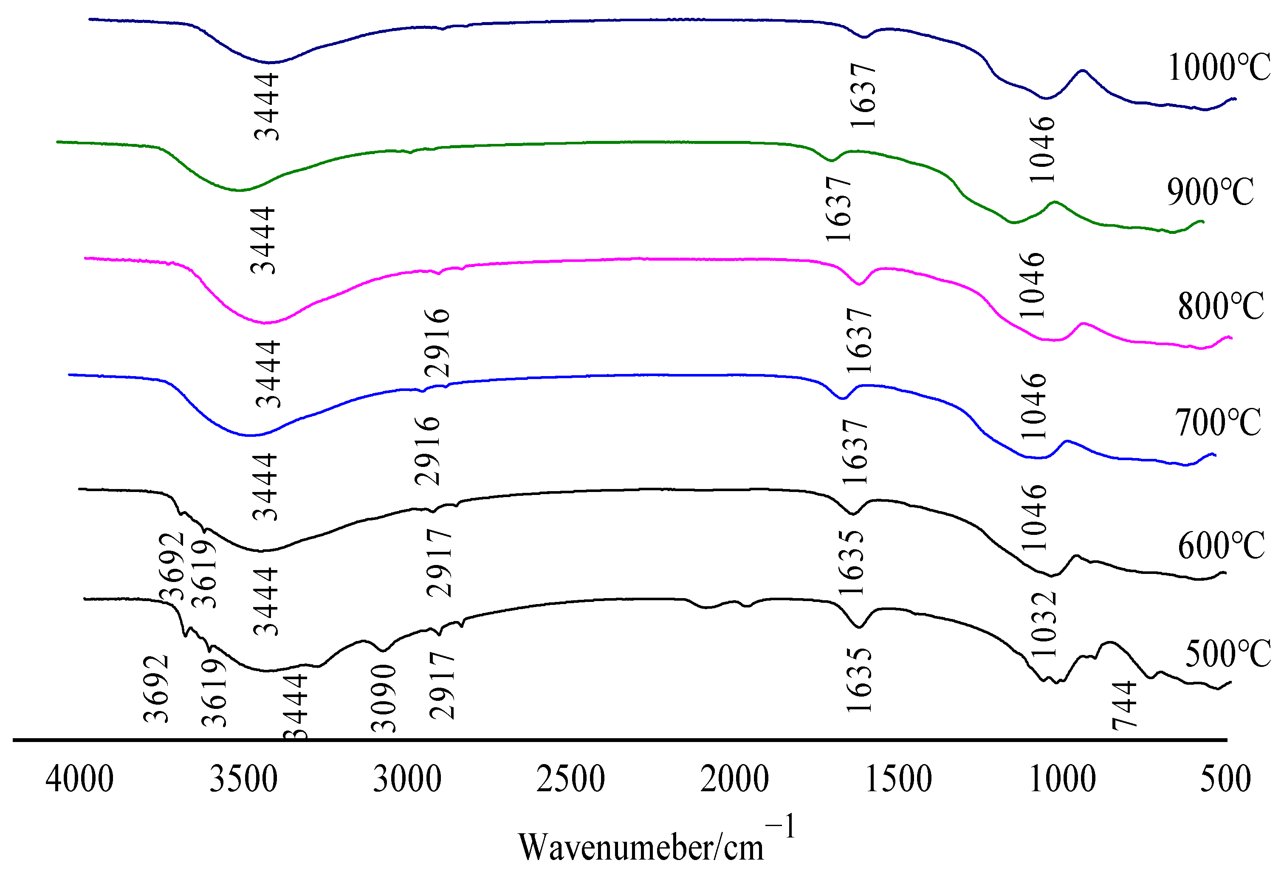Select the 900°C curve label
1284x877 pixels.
coord(1210,192)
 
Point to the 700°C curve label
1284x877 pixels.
coord(1218,423)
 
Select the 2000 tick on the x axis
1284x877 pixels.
coord(734,779)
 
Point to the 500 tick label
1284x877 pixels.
coord(1225,779)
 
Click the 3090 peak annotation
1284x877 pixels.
coord(384,699)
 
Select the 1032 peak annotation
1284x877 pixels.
coord(1044,624)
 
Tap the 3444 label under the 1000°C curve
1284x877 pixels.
coord(266,107)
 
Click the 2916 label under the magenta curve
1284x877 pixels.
coord(437,343)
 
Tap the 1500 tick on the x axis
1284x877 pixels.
coord(898,779)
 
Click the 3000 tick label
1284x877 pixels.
coord(407,779)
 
